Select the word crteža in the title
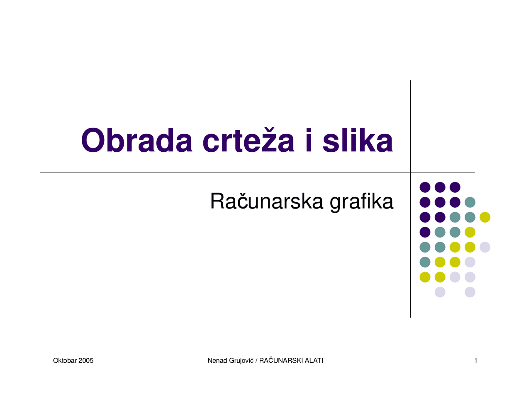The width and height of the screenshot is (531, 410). coord(248,141)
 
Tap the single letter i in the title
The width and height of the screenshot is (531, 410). coord(308,141)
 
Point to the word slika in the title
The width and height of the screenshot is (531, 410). coord(358,141)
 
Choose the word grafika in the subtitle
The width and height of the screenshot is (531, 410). coord(361,202)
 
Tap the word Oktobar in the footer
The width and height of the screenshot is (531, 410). coord(65,361)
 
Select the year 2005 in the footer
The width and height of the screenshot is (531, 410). coord(86,361)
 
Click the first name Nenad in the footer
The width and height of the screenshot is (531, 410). coord(217,361)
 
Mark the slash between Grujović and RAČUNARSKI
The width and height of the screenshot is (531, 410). coord(256,361)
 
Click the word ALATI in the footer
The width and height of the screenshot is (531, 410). coord(314,361)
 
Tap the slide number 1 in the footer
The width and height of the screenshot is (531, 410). coord(476,361)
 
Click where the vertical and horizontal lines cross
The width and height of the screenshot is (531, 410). coord(410,173)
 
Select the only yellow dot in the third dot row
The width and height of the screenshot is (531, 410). coord(485,217)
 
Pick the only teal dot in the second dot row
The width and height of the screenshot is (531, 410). coord(470,202)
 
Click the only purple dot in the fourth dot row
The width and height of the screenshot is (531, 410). coord(425,232)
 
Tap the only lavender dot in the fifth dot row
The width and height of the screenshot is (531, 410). coord(485,247)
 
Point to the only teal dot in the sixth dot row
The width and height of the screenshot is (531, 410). coord(425,262)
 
